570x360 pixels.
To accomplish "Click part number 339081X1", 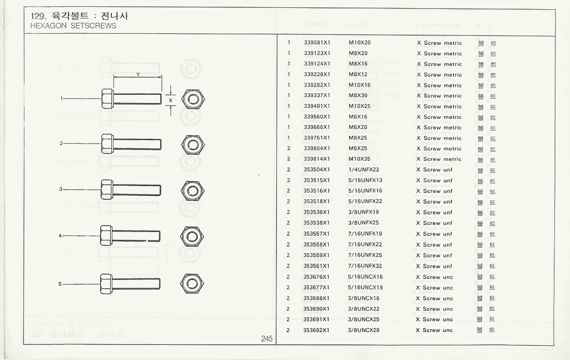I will (317, 43).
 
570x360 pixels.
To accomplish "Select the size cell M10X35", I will (359, 159).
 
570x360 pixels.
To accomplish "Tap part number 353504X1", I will (317, 170).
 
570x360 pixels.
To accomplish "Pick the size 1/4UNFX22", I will (363, 170).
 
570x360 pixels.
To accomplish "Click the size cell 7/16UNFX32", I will (365, 266).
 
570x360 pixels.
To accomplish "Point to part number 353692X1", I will (317, 330).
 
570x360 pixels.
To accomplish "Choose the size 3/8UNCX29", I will (363, 330).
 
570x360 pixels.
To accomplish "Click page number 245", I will (266, 339).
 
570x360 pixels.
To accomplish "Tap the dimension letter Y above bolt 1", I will (138, 74).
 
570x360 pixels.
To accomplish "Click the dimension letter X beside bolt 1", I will (170, 100).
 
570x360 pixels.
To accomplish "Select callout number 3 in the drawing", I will (61, 189).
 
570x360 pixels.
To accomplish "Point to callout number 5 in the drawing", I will (61, 284).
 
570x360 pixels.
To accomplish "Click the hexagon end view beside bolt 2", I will (192, 144).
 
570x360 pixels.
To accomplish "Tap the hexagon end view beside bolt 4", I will (192, 236).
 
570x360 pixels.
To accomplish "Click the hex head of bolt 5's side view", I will (106, 284).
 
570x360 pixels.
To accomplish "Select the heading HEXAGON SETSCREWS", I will (73, 26).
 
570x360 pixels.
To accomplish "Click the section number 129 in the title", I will (37, 16).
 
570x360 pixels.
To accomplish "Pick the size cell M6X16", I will (358, 117).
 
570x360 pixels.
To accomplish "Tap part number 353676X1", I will (317, 277).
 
